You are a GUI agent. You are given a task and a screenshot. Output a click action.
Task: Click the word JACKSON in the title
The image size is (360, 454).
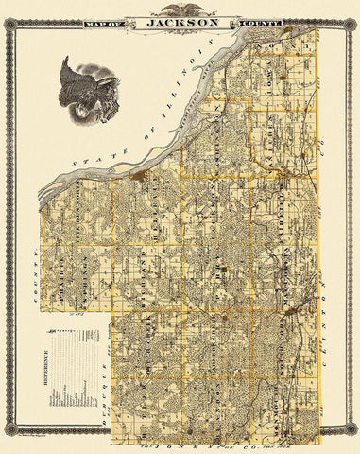click(x=180, y=18)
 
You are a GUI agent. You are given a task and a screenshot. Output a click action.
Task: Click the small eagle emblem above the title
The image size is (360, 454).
click(x=180, y=7)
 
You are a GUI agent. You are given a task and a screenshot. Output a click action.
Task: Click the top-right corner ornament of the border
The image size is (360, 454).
click(x=351, y=8)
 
